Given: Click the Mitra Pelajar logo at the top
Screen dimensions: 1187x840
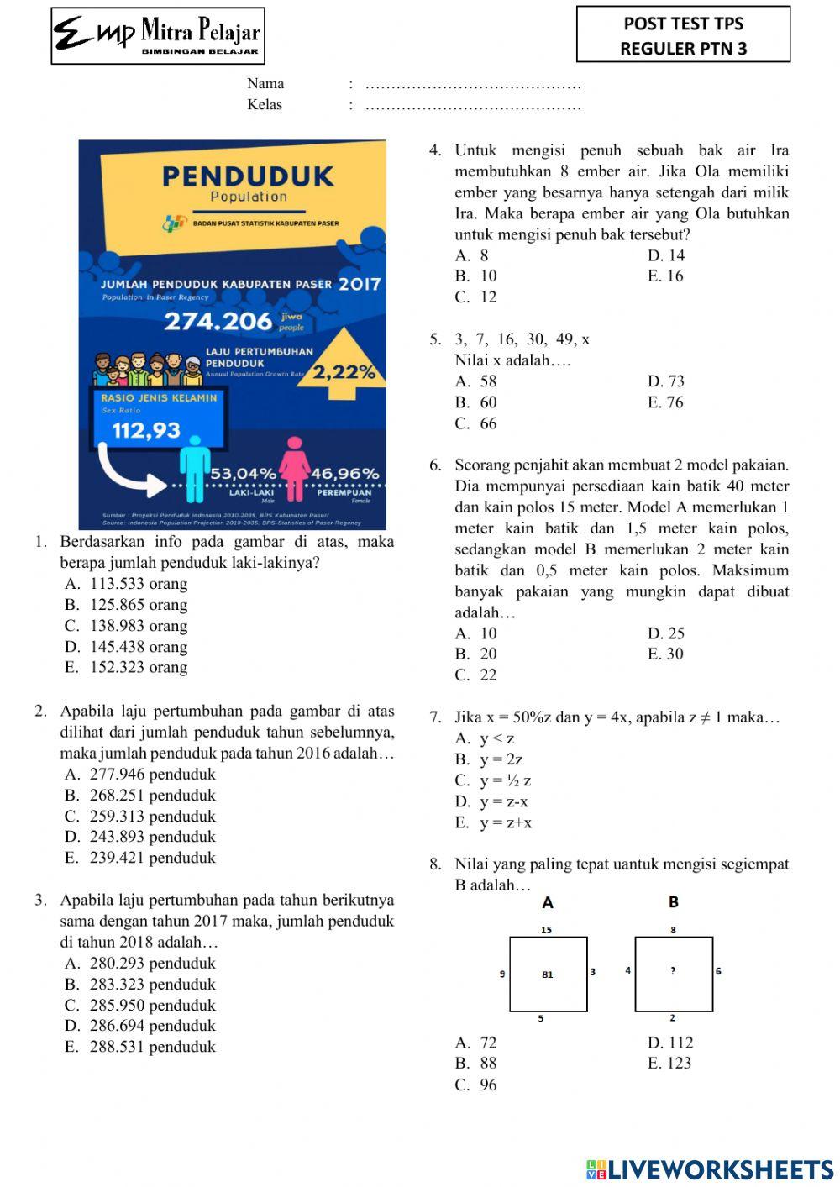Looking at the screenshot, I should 158,35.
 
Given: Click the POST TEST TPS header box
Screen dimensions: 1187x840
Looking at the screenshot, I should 683,35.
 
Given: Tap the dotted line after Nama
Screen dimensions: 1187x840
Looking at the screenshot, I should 474,85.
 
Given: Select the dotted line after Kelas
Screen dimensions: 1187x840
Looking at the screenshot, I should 474,106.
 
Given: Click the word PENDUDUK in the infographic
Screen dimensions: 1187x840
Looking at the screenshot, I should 248,176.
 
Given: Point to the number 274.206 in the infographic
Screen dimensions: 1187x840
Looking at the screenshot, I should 218,321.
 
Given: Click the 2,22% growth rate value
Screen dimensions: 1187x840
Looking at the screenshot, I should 344,372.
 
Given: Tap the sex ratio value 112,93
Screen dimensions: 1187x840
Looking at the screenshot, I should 147,430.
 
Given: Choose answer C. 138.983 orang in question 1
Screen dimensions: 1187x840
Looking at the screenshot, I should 126,626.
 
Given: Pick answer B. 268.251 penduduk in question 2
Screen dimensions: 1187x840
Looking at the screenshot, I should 140,796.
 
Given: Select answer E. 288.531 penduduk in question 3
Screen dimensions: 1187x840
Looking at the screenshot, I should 140,1047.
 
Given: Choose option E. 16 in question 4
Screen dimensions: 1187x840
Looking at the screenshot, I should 665,276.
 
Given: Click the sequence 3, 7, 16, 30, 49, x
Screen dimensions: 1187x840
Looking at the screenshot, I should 522,339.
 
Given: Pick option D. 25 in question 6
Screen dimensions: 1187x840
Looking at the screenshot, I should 665,633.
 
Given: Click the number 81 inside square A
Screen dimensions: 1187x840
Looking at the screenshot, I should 548,974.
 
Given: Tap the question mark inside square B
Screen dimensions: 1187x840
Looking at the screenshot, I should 673,971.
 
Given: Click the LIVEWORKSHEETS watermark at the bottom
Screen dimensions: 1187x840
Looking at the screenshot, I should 710,1169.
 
